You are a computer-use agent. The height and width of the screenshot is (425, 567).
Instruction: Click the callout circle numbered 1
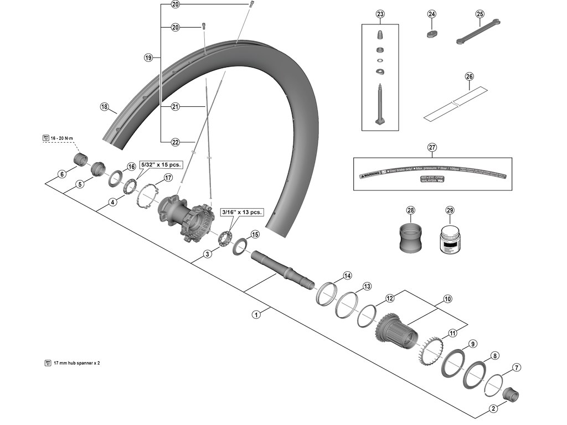coord(256,314)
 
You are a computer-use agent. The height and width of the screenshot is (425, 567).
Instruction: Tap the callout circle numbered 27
coord(432,147)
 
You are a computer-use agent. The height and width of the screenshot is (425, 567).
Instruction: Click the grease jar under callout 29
coord(449,241)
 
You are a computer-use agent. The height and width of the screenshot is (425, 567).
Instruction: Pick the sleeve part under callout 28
coord(410,237)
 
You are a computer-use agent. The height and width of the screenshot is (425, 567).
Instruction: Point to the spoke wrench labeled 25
coord(478,32)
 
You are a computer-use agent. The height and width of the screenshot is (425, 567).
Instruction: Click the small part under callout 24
coord(432,33)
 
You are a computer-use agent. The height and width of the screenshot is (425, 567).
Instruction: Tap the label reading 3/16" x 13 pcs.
coord(241,211)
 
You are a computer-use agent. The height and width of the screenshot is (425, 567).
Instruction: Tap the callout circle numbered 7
coord(517,367)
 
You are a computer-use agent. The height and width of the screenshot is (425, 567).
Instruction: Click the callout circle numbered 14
coord(347,276)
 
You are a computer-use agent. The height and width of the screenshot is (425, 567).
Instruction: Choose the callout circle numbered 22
coord(176,142)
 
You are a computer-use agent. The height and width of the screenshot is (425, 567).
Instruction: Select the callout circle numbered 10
coord(448,299)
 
